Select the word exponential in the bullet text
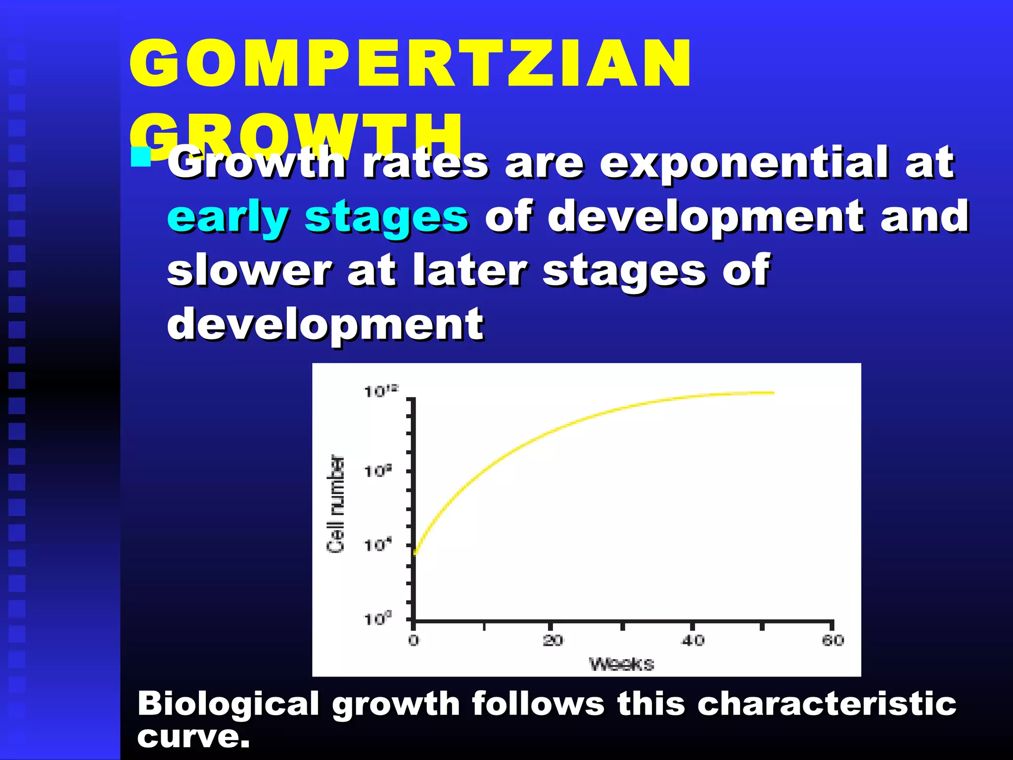(x=744, y=163)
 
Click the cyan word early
(x=228, y=218)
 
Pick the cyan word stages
(x=386, y=218)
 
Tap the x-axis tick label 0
(x=414, y=640)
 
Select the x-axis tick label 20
(x=553, y=640)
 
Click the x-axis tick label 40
(x=692, y=640)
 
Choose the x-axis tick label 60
(x=833, y=640)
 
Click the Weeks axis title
(x=621, y=664)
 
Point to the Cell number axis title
(x=335, y=504)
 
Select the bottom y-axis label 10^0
(x=378, y=618)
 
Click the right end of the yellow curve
(x=772, y=393)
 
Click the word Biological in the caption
(x=228, y=704)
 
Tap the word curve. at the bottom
(x=193, y=737)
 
